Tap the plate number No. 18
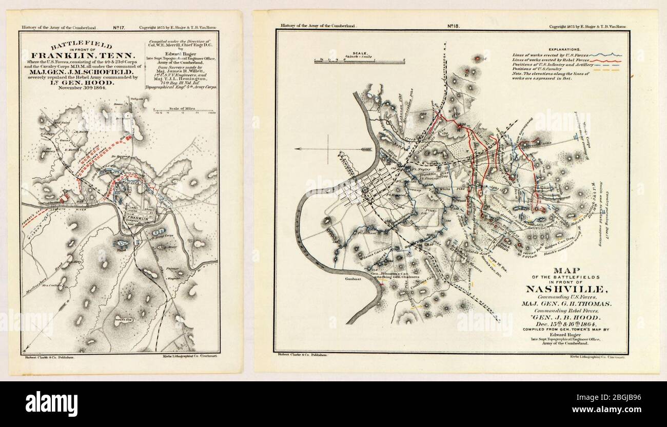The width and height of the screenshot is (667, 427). pyautogui.click(x=454, y=25)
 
